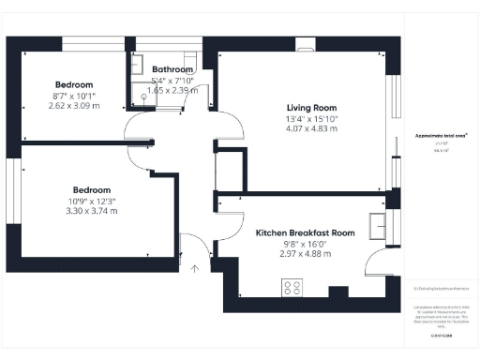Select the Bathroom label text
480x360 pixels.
click(x=172, y=69)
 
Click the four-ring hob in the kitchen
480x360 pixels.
click(x=292, y=288)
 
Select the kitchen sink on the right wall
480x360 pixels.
click(x=382, y=226)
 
